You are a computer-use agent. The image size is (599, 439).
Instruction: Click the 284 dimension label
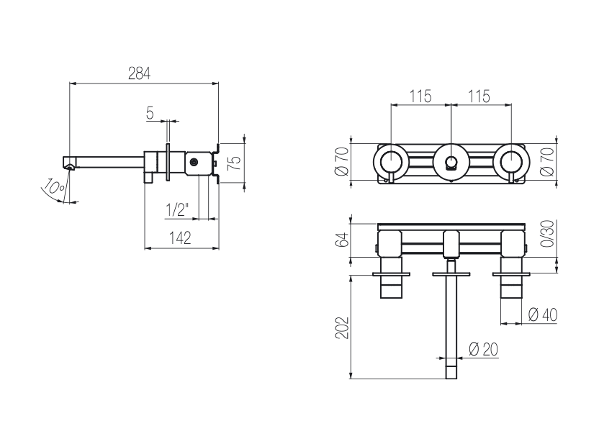pos(139,73)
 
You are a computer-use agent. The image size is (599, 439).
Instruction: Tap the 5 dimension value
pos(150,113)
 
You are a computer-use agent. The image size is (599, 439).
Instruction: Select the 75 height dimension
pos(235,163)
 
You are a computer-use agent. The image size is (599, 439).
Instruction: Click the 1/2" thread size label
pos(177,209)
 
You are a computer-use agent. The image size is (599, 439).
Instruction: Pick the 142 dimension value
pos(180,237)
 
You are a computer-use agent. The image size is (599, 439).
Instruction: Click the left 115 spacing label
pos(420,96)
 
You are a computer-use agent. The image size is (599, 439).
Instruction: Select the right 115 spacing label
pos(479,96)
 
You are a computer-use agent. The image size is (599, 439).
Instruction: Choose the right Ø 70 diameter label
pos(546,161)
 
